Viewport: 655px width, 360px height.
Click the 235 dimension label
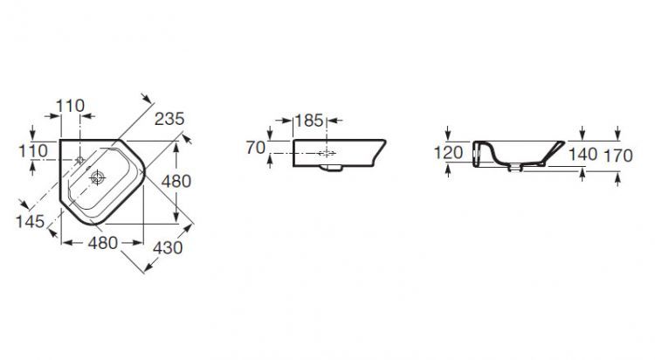169,119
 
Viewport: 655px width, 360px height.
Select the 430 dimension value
168,248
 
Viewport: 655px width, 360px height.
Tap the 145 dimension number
30,222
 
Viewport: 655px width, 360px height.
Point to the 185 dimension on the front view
309,121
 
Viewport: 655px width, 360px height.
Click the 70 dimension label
256,148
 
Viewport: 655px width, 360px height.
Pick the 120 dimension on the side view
448,153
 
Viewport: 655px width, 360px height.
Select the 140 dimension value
583,155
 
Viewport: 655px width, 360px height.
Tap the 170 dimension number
618,156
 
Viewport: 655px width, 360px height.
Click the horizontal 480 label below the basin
103,243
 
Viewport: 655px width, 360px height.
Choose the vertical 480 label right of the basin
176,181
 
